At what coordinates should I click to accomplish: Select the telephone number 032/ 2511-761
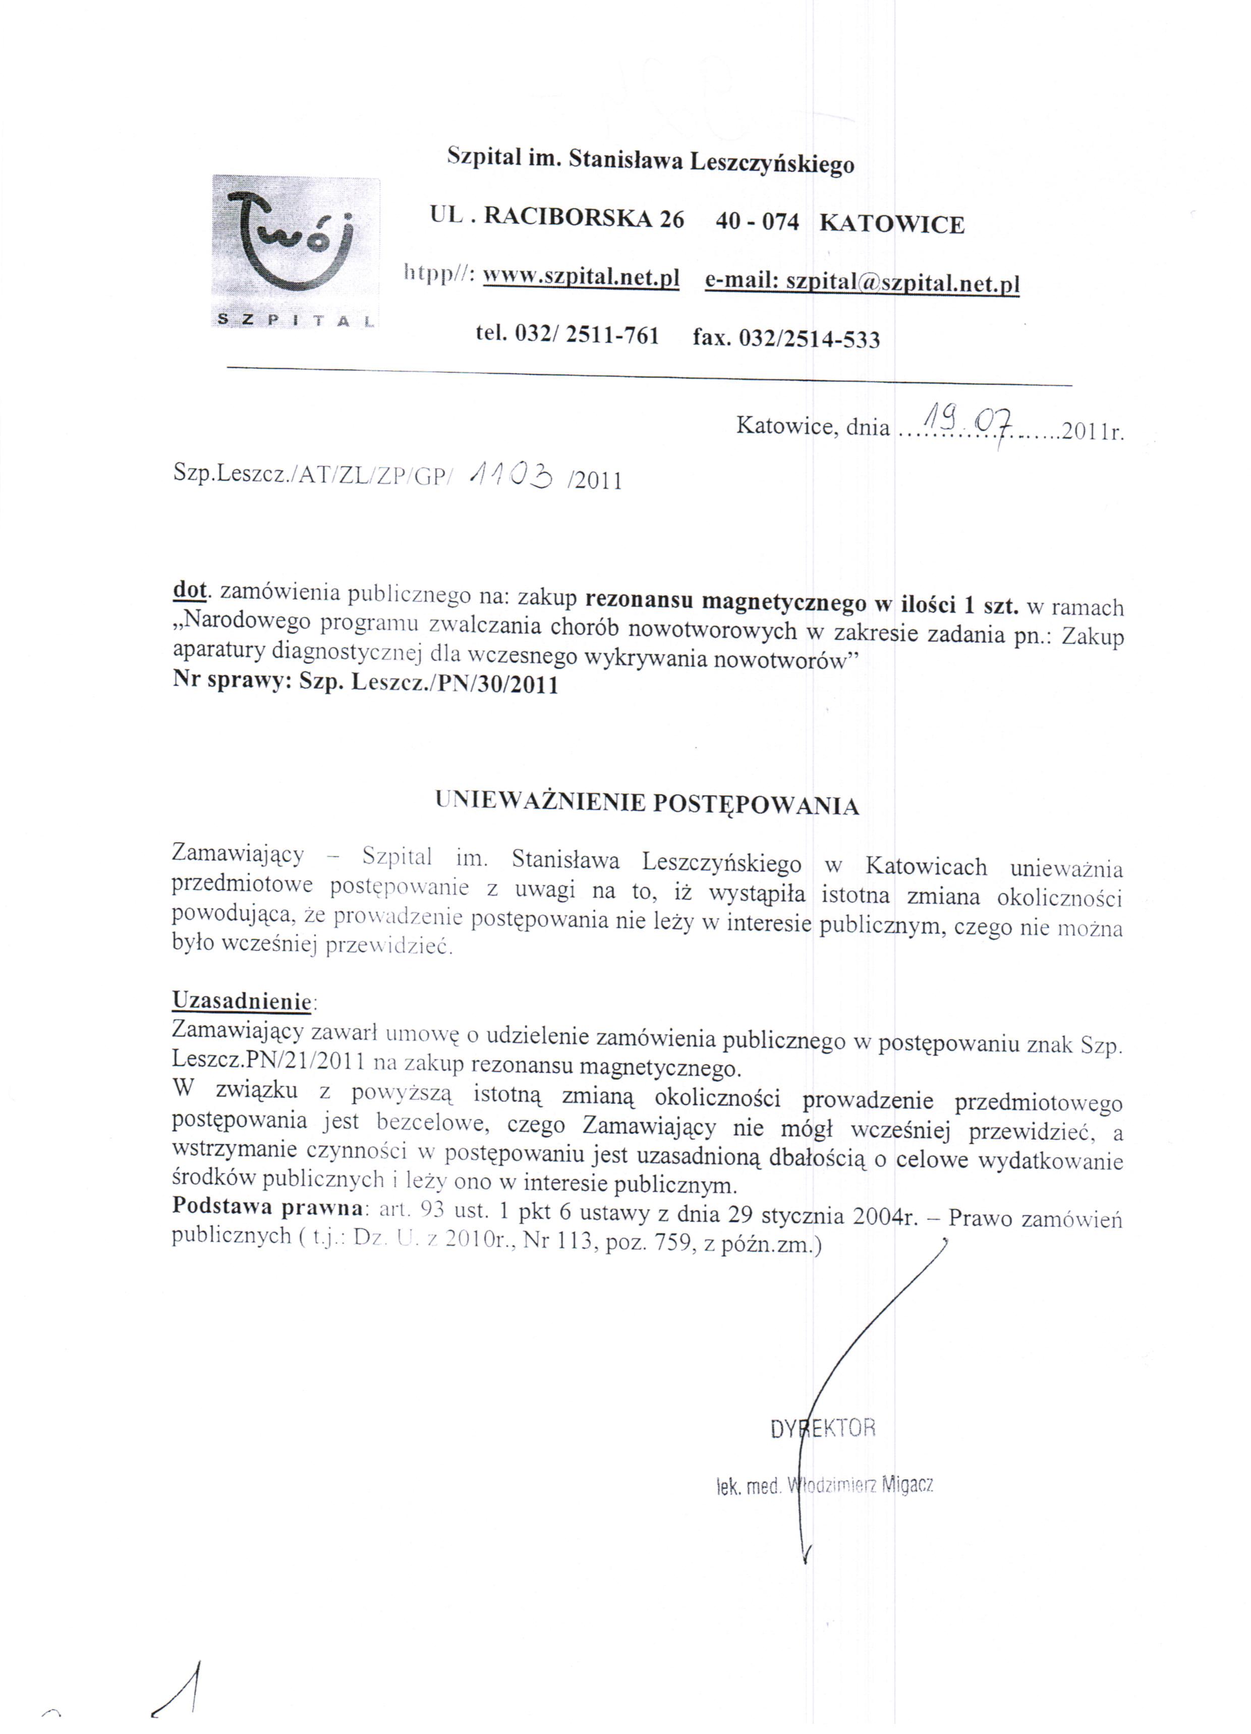pyautogui.click(x=587, y=335)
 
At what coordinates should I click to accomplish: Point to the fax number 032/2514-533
pyautogui.click(x=809, y=338)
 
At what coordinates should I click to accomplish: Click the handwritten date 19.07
pyautogui.click(x=968, y=419)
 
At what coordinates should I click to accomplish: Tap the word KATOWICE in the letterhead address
pyautogui.click(x=892, y=224)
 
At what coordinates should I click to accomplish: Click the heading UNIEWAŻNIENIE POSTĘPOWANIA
pyautogui.click(x=647, y=804)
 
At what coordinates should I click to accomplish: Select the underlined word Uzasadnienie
pyautogui.click(x=242, y=1000)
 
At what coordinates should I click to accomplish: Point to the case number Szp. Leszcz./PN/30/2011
pyautogui.click(x=428, y=684)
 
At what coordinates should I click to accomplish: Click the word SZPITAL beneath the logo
pyautogui.click(x=295, y=319)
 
